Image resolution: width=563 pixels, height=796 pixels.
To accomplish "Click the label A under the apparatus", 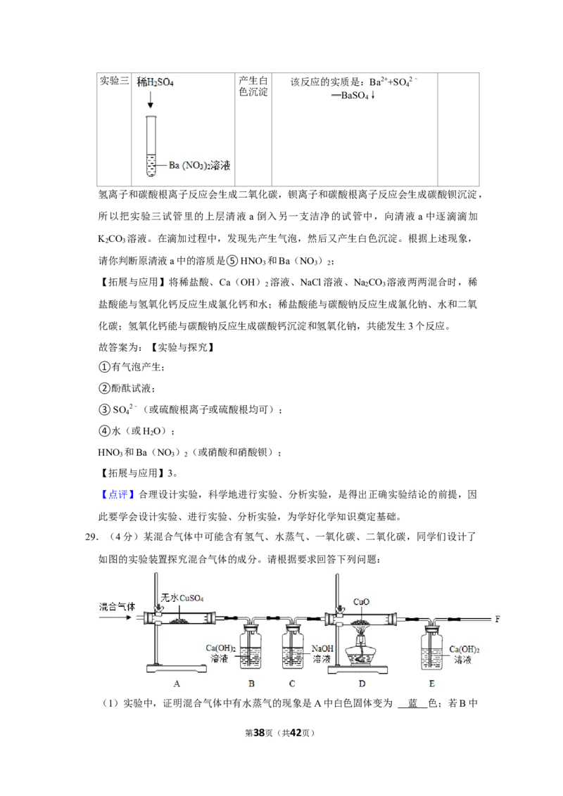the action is tap(177, 683).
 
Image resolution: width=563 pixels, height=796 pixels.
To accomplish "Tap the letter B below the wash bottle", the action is tap(251, 683).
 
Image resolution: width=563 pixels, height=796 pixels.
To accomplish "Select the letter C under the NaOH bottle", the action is tap(291, 683).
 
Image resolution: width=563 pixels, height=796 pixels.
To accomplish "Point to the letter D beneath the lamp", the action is tap(362, 683).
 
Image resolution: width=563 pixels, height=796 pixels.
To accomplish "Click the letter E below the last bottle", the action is tap(432, 683).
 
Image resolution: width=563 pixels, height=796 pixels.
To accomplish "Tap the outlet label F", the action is tap(498, 620).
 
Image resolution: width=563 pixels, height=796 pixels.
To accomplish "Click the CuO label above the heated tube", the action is tap(361, 602).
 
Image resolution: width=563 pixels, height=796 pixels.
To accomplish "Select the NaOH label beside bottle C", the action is tap(322, 649).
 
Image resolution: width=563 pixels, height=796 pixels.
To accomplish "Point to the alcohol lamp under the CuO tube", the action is tap(362, 655).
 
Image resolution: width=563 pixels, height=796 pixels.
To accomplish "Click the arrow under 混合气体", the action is tap(115, 618).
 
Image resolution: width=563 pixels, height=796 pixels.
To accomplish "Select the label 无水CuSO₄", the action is tap(182, 598).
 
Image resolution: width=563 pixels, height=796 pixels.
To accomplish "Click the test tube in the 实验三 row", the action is tap(151, 146).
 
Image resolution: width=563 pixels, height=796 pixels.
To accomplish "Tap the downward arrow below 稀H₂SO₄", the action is tap(151, 100).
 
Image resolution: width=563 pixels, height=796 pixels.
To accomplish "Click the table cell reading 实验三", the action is tap(114, 81).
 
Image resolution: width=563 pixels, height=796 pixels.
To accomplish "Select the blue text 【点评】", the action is tap(118, 495).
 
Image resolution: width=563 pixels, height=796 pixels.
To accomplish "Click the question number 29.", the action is tap(91, 537).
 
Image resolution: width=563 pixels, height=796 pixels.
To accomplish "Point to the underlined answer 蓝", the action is tap(412, 704).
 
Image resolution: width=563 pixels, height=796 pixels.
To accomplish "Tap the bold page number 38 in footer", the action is tap(259, 733).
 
